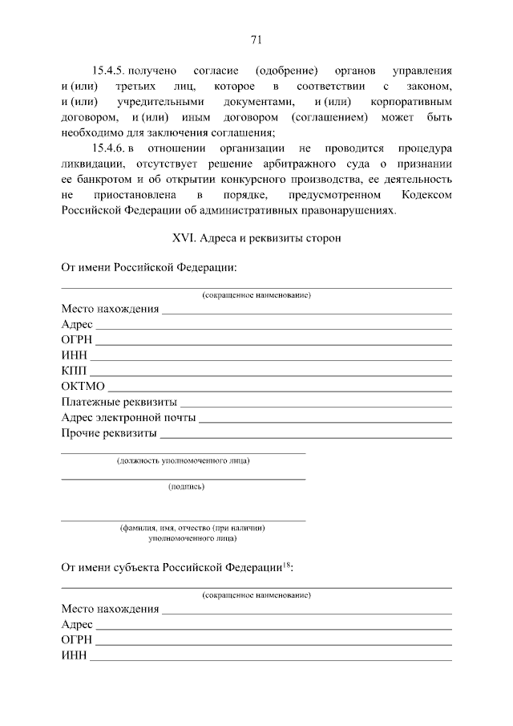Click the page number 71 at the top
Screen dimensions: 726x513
[256, 40]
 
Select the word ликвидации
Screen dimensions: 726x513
[90, 164]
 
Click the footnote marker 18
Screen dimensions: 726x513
[286, 564]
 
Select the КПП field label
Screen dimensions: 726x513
[75, 371]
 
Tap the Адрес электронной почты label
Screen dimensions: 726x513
[128, 417]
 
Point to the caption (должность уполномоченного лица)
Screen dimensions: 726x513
[183, 460]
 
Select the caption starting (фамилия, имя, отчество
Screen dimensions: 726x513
[192, 528]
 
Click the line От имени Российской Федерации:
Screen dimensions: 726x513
[149, 267]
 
